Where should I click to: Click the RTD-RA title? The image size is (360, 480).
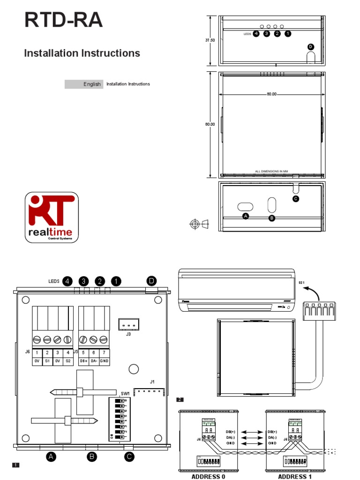tap(63, 21)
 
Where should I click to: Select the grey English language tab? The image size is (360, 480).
tap(83, 84)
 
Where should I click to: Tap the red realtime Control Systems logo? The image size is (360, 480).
tap(52, 217)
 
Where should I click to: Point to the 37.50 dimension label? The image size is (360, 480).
tap(210, 41)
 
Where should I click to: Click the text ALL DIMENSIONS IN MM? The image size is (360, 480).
tap(271, 172)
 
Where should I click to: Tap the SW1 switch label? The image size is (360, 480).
tap(125, 393)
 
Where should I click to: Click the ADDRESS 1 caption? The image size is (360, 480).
tap(295, 476)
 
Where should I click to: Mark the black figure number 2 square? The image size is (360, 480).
tap(180, 400)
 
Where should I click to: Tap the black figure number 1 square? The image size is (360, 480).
tap(15, 465)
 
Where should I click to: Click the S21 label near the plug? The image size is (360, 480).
tap(301, 282)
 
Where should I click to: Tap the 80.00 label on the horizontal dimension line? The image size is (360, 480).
tap(271, 94)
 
